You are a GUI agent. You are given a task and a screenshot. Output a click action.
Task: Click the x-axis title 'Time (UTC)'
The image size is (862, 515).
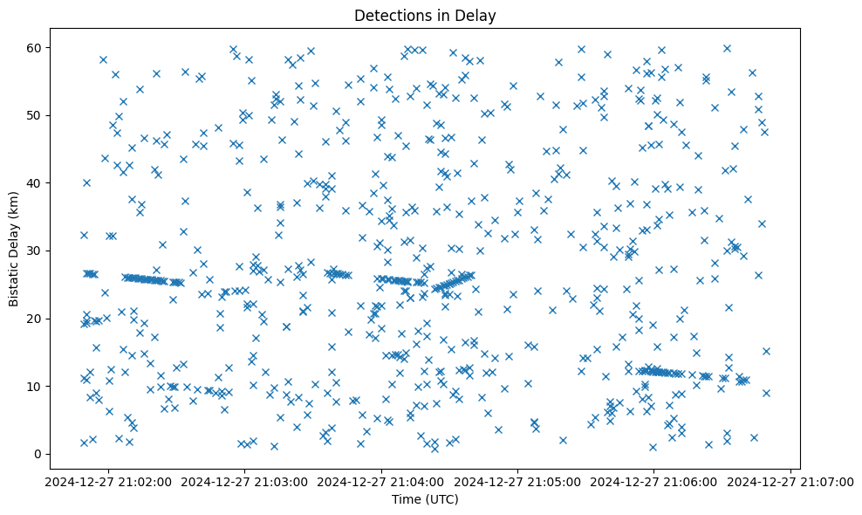pos(425,499)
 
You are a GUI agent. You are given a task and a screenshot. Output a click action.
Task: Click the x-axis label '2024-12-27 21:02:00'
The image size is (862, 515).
pos(108,481)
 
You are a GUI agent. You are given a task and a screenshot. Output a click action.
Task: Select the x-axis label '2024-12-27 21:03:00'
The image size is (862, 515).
pos(245,481)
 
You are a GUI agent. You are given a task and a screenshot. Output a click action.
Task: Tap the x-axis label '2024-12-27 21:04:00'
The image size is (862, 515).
pos(381,481)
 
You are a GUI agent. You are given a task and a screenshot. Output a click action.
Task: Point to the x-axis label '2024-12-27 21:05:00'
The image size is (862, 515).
pos(518,481)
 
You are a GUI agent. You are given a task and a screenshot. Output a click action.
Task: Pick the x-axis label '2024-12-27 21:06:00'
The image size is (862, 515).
pos(654,481)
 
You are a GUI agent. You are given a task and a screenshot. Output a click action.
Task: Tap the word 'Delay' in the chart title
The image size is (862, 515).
pos(479,15)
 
